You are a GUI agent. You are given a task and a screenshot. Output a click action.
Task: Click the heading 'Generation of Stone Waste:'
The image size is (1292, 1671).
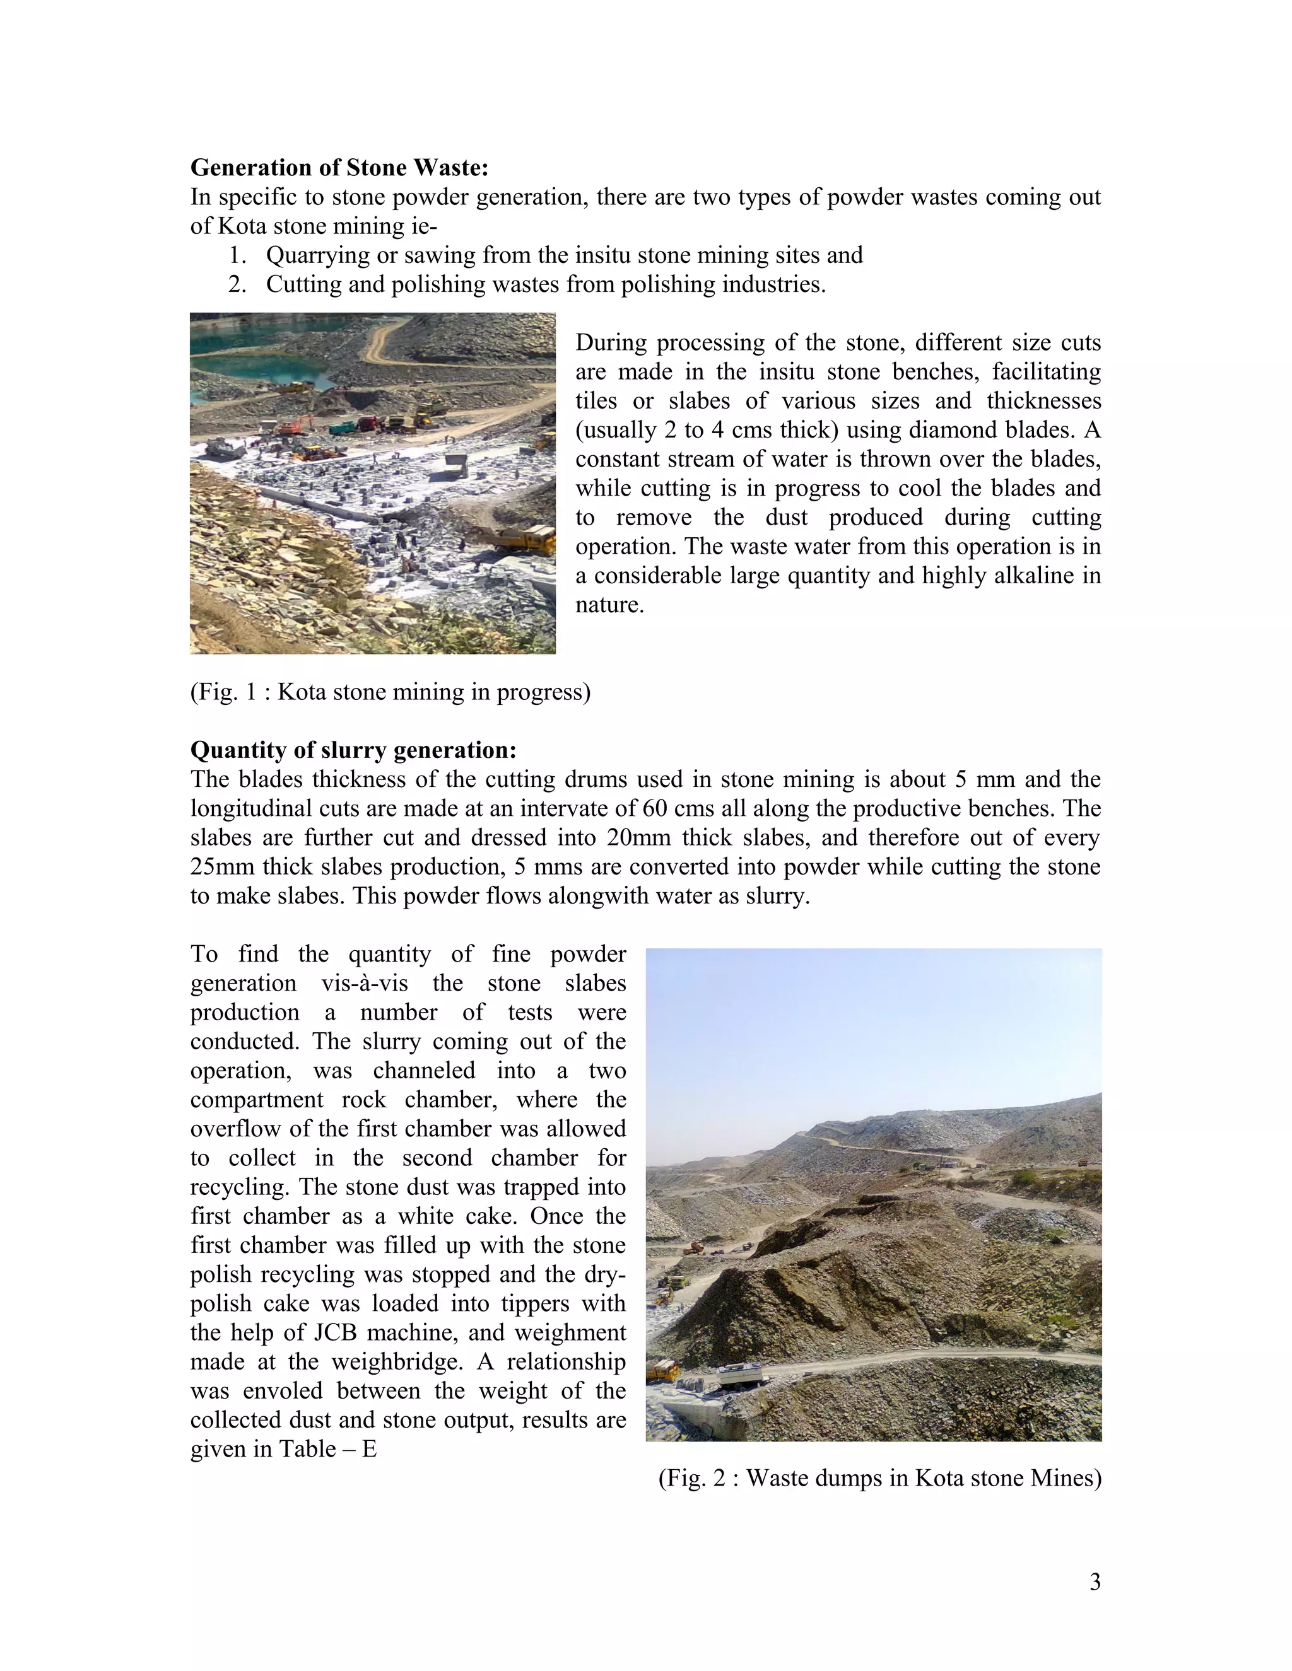[339, 167]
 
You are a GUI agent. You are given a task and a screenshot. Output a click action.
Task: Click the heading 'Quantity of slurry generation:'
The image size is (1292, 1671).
[353, 750]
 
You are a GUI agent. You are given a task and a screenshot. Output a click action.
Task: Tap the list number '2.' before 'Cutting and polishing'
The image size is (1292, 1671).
[237, 284]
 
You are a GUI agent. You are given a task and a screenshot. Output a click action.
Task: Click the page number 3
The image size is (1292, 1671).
[1095, 1581]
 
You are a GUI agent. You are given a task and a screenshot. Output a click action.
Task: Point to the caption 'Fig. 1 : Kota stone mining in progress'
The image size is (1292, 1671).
[391, 692]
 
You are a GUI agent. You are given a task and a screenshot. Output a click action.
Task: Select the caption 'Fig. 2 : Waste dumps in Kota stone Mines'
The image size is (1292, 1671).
[879, 1477]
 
